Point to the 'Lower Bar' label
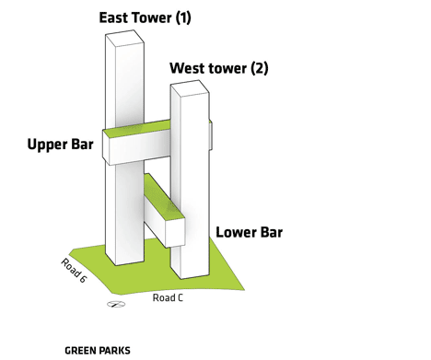[249, 232]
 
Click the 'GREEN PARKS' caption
[98, 350]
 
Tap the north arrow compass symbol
[114, 303]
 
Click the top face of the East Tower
[123, 37]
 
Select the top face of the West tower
[190, 87]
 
